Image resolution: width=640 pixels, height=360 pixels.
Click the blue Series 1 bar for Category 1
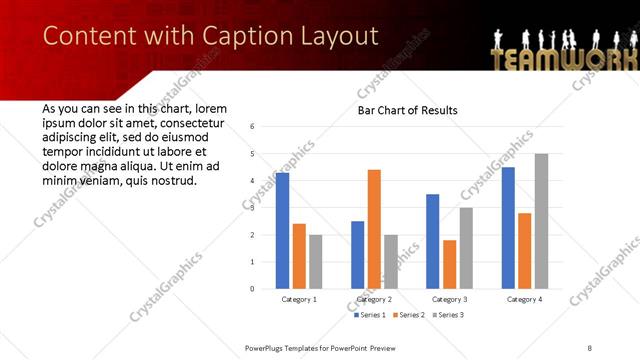click(x=282, y=231)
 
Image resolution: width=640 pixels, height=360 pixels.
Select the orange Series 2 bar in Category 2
click(x=374, y=229)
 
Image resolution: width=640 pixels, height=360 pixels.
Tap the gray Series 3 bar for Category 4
click(x=541, y=221)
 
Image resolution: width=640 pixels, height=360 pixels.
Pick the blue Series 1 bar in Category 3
click(x=432, y=241)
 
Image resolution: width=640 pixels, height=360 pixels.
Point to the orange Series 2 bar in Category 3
click(x=449, y=264)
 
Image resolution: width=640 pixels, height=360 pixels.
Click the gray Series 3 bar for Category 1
click(x=315, y=262)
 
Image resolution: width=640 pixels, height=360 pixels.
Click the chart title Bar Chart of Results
click(x=407, y=109)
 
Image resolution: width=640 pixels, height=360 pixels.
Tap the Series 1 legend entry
click(x=370, y=315)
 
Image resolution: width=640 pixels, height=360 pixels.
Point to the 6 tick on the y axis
click(x=253, y=127)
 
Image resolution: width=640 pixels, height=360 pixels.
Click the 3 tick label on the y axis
click(x=253, y=208)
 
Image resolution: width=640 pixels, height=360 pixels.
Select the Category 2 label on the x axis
click(x=374, y=299)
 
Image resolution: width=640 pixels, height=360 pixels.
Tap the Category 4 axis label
click(x=524, y=299)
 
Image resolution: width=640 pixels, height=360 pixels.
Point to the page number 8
click(x=590, y=347)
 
